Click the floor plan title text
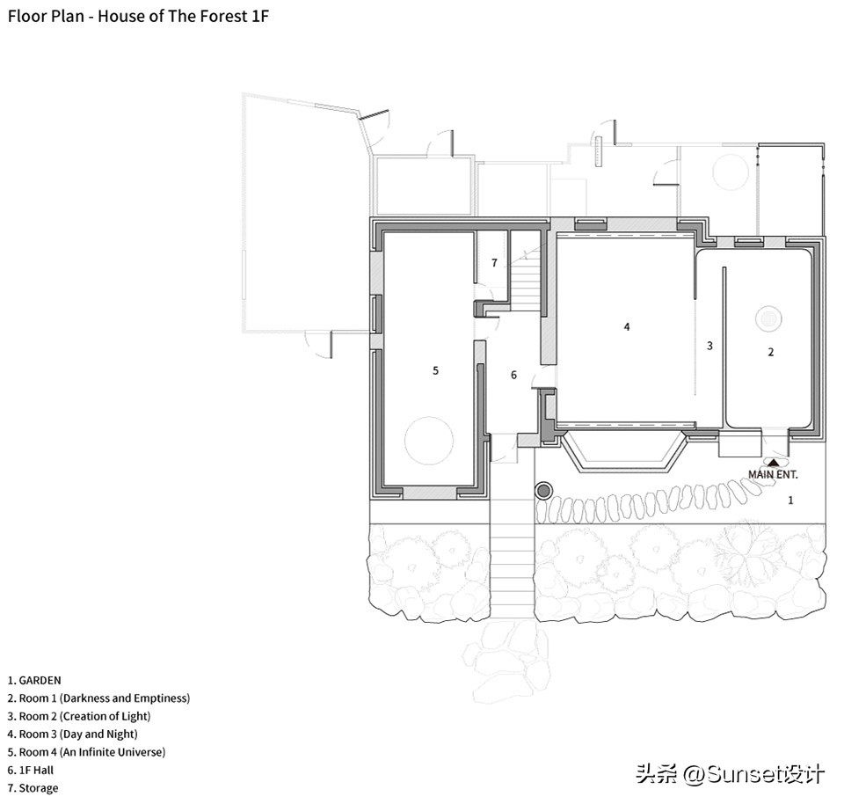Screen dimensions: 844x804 tap(138, 16)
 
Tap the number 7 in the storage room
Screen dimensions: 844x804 tap(494, 263)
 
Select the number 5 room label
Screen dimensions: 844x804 tap(435, 370)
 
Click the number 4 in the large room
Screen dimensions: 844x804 tap(627, 326)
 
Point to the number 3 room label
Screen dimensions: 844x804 tap(709, 346)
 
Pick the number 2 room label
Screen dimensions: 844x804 tap(771, 352)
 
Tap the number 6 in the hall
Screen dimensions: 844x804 tap(513, 375)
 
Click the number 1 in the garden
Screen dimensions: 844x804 tap(790, 501)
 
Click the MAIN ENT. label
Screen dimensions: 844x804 tap(773, 474)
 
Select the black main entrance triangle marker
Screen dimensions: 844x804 tap(773, 462)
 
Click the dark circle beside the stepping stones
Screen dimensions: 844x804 tap(543, 491)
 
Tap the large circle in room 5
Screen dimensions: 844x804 tap(429, 441)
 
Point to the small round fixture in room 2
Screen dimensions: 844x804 tap(768, 318)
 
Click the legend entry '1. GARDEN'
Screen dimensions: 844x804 tap(34, 681)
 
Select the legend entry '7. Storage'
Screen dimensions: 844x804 tap(33, 788)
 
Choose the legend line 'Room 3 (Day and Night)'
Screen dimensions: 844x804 tap(73, 735)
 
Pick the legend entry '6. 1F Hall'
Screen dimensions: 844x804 tap(31, 771)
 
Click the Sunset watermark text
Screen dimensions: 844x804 tap(731, 774)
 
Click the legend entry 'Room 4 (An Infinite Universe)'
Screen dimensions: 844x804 tap(87, 752)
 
